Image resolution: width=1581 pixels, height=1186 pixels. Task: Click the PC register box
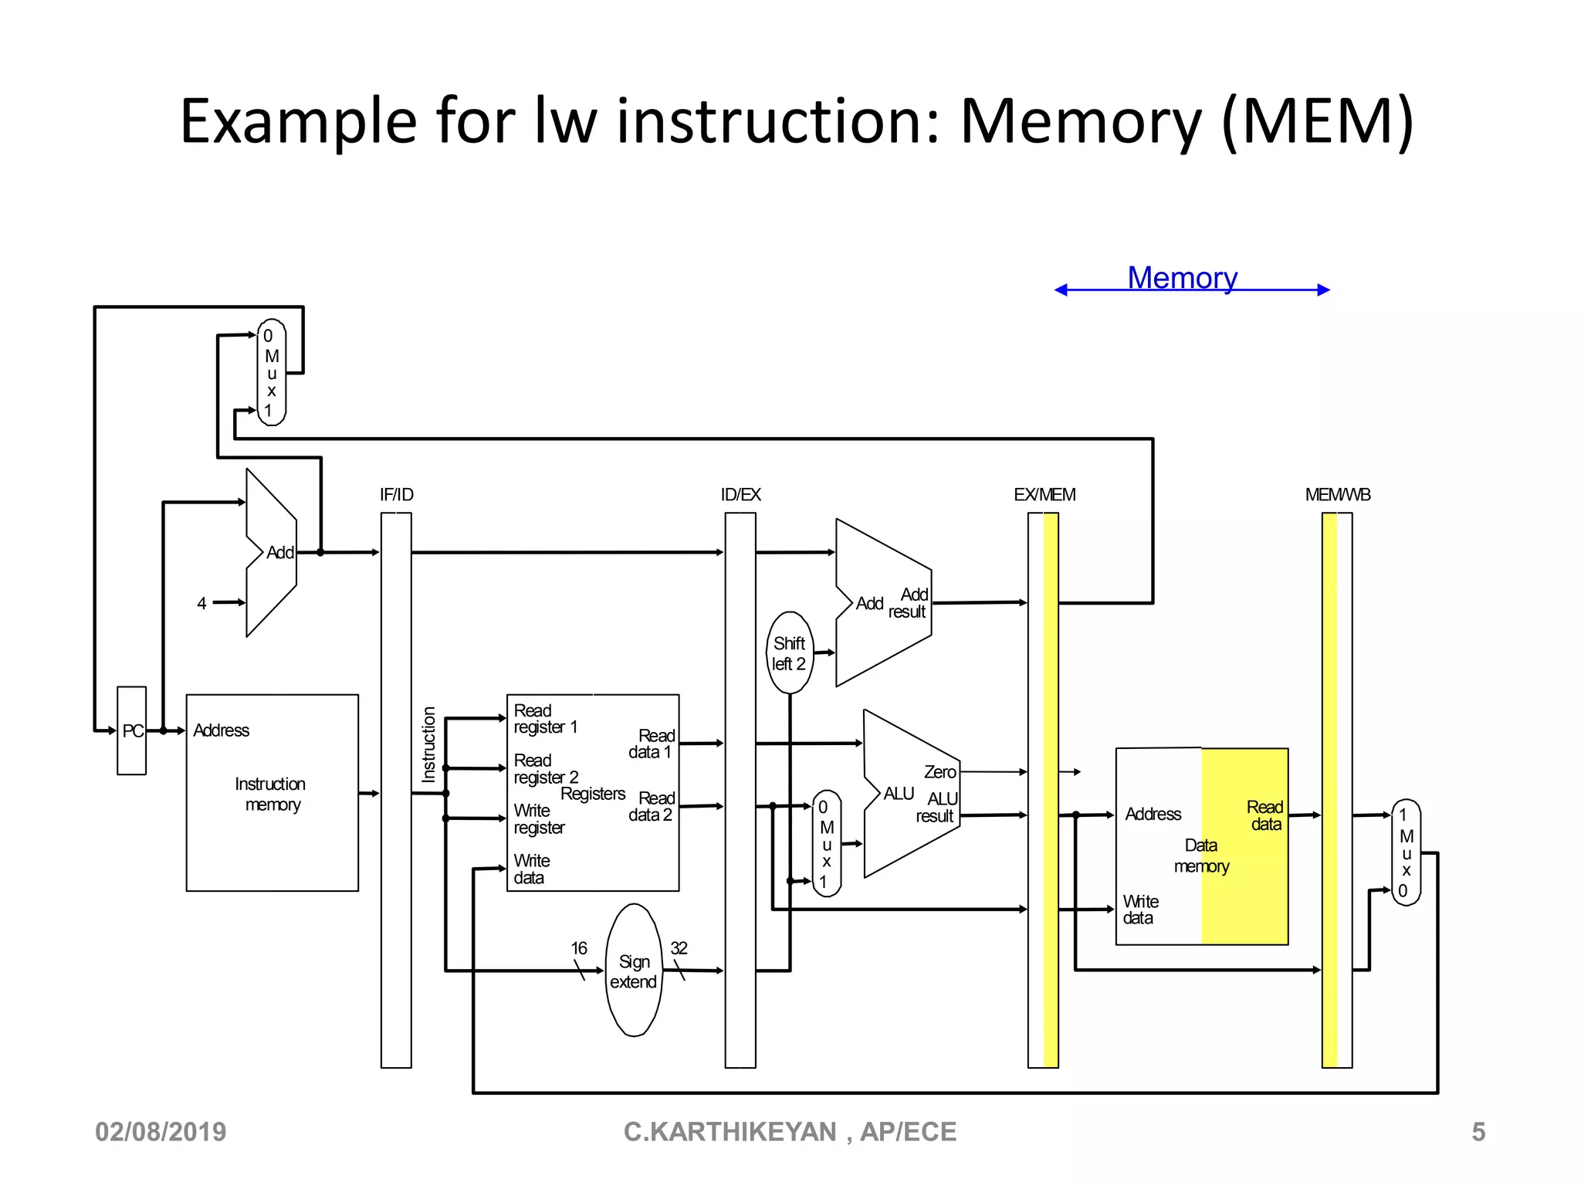click(x=132, y=730)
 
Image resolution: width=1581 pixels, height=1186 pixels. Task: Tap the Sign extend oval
click(x=634, y=971)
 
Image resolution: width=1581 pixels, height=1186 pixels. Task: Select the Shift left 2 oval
click(x=789, y=653)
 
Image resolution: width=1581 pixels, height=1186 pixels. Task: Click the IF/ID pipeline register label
click(x=396, y=495)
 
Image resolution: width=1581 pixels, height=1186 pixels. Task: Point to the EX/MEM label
click(x=1044, y=495)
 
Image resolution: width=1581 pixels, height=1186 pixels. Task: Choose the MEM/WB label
click(x=1337, y=495)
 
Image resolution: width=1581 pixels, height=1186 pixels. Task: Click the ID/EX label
click(x=740, y=495)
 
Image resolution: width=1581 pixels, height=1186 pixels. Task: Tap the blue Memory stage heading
click(x=1182, y=278)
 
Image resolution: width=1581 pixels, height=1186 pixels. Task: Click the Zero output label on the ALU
click(x=939, y=772)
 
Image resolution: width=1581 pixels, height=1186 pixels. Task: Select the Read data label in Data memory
click(x=1264, y=815)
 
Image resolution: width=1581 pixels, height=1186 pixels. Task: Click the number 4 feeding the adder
click(x=201, y=604)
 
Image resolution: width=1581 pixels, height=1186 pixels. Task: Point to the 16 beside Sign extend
click(x=579, y=948)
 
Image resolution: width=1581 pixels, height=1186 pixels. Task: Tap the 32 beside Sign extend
click(x=679, y=948)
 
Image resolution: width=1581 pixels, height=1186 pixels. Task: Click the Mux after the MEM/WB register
click(x=1406, y=852)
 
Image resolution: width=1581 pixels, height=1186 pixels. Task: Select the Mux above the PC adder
click(x=272, y=373)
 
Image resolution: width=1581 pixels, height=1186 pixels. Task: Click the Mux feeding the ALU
click(x=826, y=843)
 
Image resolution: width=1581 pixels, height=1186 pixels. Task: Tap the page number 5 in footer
click(x=1478, y=1132)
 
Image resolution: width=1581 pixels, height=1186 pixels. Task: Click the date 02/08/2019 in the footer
click(x=161, y=1132)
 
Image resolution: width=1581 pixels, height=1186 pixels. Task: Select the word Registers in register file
click(x=593, y=794)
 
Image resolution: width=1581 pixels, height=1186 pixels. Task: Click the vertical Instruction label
click(x=429, y=744)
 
